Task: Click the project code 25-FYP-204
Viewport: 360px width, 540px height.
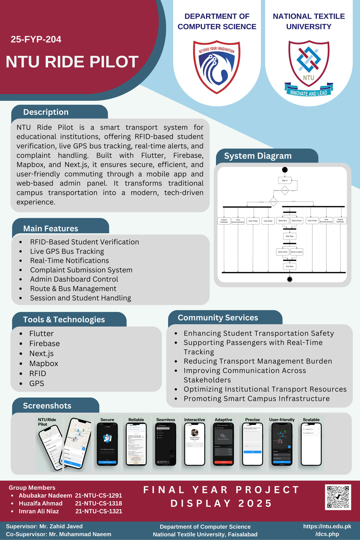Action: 36,39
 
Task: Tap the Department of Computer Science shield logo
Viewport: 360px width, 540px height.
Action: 217,67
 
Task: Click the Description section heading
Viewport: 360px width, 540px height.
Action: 46,112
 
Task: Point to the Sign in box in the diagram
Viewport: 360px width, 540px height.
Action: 285,180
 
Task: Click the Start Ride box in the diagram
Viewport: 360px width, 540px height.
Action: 289,236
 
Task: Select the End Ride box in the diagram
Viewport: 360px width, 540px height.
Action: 289,266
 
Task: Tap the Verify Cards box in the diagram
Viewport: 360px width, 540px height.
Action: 282,252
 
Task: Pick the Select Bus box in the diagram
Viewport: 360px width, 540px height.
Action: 282,221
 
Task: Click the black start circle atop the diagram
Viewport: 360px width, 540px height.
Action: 285,170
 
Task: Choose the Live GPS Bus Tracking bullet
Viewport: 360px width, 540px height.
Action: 67,251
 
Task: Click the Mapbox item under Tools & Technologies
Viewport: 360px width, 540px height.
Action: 44,364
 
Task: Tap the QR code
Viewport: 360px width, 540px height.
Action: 338,497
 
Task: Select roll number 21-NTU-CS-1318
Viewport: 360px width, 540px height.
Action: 98,503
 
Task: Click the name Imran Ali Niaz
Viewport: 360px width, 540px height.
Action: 39,511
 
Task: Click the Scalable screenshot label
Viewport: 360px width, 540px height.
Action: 311,420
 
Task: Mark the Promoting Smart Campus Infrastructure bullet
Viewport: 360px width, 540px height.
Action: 256,399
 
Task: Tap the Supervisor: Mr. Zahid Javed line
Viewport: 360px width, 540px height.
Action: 44,526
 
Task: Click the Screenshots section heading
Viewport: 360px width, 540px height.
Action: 47,406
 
